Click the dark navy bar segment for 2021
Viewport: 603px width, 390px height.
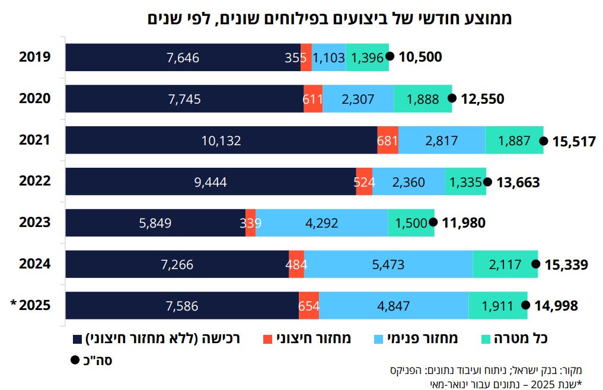pos(221,140)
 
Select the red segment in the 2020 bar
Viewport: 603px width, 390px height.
pos(313,99)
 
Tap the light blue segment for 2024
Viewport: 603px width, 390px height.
pos(388,264)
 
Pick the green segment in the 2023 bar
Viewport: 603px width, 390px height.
pos(411,223)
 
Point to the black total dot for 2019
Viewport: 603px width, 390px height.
pos(390,56)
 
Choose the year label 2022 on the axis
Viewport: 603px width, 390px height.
pos(34,181)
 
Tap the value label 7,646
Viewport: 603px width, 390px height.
pos(183,57)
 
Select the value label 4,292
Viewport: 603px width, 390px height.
pos(321,223)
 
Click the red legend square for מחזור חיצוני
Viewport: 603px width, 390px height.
pos(267,340)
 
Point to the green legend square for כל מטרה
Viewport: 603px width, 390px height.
pos(486,340)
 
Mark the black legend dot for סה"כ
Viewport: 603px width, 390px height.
pos(75,360)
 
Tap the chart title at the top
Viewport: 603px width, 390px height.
pos(330,18)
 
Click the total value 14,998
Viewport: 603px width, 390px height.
pos(556,306)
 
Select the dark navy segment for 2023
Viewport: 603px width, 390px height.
pos(155,223)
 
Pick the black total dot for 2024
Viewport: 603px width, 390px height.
pos(536,264)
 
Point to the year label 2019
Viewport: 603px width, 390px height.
pos(34,57)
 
